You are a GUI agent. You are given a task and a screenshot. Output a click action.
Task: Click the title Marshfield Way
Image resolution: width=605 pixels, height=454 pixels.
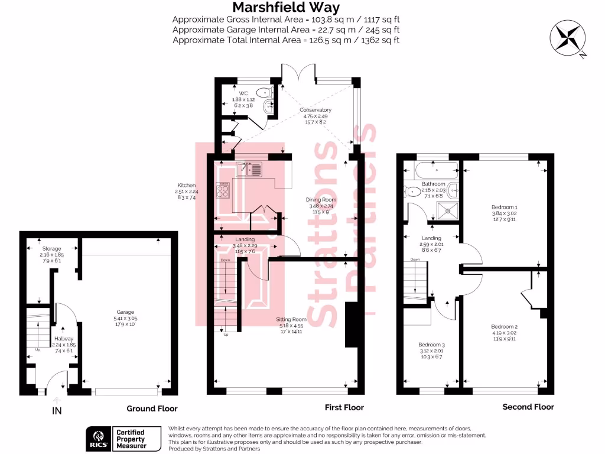(x=286, y=8)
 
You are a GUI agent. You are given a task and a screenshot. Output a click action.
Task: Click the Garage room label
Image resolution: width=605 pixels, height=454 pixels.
(x=125, y=312)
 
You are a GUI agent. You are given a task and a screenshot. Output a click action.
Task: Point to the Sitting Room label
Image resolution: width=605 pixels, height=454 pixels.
(x=291, y=319)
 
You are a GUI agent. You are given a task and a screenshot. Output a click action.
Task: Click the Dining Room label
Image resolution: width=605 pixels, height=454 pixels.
(x=321, y=200)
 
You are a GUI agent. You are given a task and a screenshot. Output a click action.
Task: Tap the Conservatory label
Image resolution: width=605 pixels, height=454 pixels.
(x=315, y=110)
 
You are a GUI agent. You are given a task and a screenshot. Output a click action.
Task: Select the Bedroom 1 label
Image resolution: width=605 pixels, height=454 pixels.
(x=504, y=207)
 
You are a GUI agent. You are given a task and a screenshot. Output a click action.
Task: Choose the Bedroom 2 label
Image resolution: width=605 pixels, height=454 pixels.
(x=504, y=326)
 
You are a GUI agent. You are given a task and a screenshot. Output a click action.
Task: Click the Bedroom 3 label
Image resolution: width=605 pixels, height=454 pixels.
(x=431, y=345)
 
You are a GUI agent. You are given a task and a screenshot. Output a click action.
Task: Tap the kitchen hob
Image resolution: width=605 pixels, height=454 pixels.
(x=225, y=190)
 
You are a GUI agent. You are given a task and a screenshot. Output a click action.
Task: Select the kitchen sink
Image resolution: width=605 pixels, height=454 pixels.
(x=249, y=170)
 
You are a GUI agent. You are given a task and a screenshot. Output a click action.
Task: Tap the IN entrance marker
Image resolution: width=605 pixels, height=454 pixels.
(x=57, y=409)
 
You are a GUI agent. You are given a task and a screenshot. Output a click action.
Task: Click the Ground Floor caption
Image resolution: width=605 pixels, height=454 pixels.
(x=152, y=408)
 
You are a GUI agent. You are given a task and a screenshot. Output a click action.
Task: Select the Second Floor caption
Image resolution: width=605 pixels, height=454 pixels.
(x=528, y=407)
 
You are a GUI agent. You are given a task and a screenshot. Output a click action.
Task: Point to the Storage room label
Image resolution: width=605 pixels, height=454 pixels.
(x=52, y=248)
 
